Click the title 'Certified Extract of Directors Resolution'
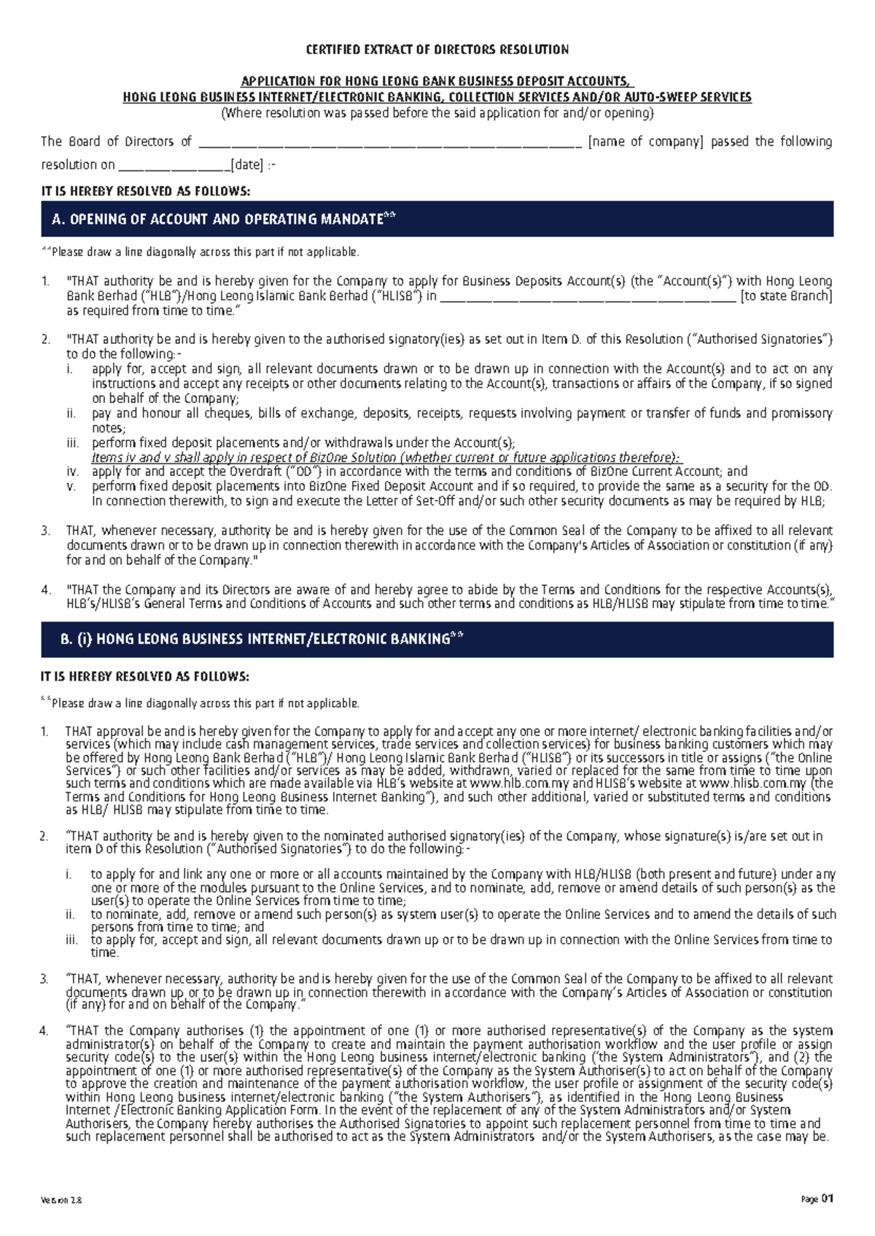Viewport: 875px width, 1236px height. point(437,50)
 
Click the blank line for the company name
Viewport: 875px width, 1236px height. point(390,143)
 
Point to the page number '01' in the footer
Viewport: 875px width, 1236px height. point(827,1198)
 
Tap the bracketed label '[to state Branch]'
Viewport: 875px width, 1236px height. point(786,296)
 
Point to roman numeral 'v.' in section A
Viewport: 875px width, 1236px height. point(71,486)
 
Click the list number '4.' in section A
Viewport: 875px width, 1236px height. point(46,590)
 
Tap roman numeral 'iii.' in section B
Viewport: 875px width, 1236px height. point(71,940)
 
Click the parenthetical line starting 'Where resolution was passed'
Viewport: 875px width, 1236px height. point(437,113)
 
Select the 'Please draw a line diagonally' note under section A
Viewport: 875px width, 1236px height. point(201,252)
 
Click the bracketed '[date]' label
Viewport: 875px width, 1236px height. point(246,165)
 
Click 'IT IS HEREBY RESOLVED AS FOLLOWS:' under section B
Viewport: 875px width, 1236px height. point(145,676)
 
